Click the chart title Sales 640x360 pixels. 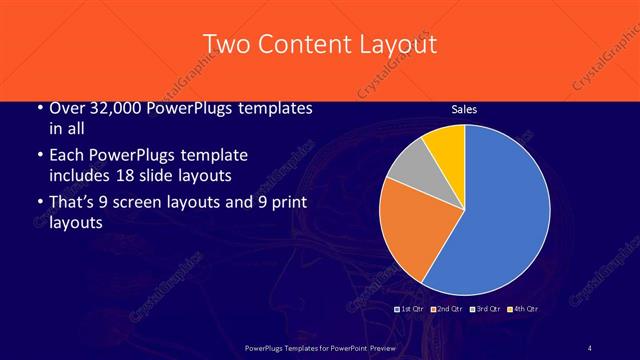pos(464,109)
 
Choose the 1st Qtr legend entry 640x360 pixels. pos(411,309)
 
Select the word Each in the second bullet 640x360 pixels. pos(68,155)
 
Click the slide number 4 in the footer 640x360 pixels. pos(590,347)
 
